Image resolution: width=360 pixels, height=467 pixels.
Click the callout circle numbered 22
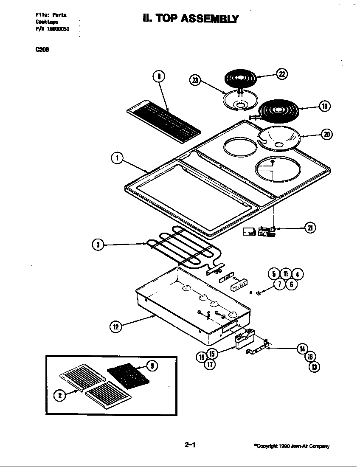(282, 74)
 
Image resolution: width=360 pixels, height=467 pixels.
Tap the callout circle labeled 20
(326, 135)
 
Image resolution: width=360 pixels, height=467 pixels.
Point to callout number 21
(310, 228)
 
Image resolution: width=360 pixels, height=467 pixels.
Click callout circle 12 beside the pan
(116, 326)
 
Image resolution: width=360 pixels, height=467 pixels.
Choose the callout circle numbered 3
(98, 245)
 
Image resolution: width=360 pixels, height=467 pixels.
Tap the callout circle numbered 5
(274, 274)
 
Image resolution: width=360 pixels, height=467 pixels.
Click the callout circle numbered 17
(209, 364)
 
